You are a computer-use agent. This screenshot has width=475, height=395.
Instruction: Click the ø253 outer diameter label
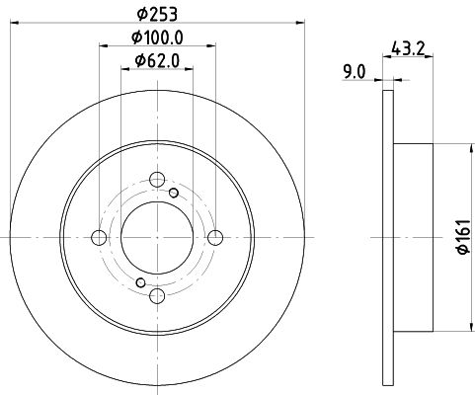point(157,14)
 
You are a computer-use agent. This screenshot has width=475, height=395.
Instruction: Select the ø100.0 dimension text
point(157,38)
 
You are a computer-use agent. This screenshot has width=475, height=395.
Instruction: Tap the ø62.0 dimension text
point(157,61)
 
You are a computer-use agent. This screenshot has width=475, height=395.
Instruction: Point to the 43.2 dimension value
point(408,48)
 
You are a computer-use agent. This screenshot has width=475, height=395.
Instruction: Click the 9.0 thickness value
point(354,72)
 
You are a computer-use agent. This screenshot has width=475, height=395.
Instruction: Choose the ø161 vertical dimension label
point(463,237)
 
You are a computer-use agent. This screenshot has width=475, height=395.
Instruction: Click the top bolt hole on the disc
point(157,180)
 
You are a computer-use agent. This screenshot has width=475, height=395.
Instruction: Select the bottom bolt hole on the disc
point(157,295)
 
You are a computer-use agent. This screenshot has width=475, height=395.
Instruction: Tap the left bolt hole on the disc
point(99,238)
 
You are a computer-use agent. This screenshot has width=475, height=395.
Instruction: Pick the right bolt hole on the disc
point(215,238)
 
